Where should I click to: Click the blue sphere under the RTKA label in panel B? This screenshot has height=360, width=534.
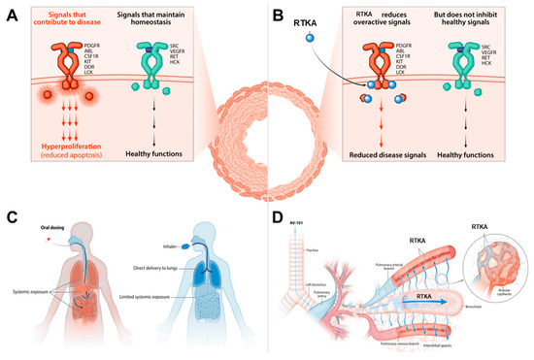[310, 64]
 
